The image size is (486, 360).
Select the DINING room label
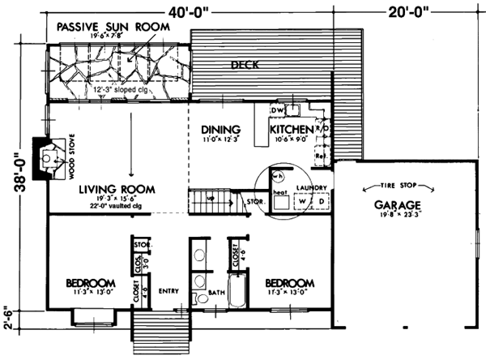click(x=220, y=129)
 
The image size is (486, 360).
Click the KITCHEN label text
click(x=291, y=129)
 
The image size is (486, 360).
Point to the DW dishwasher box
click(x=275, y=109)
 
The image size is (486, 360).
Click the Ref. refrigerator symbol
click(x=320, y=156)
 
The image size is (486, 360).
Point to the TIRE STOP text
click(x=395, y=186)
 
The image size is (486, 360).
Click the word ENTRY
click(x=168, y=292)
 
